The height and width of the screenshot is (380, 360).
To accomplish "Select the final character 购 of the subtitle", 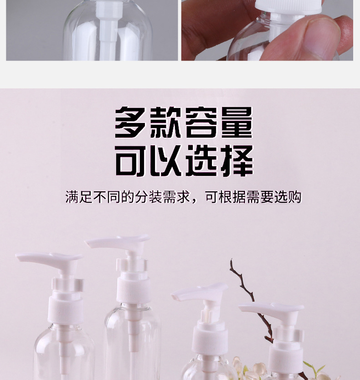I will (295, 197).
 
